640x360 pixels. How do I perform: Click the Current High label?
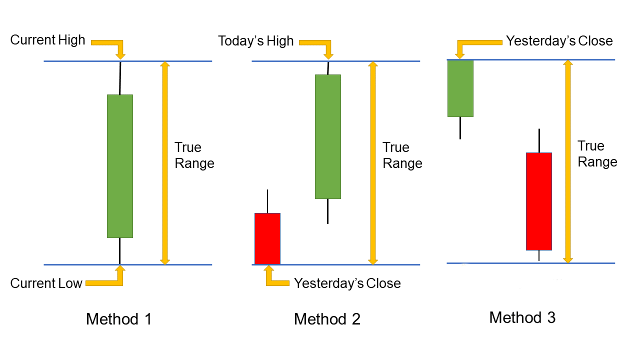pos(48,40)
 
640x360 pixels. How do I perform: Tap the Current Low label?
pos(46,283)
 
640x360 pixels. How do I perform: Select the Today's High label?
pos(255,41)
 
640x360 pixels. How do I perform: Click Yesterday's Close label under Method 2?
pos(347,283)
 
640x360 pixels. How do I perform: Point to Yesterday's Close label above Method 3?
pos(559,41)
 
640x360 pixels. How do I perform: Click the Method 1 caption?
pos(118,319)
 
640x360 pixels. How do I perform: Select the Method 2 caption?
pos(327,319)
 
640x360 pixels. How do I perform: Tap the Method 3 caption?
pos(522,317)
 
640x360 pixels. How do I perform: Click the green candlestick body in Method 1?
pos(120,166)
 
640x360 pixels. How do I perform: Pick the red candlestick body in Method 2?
pos(267,238)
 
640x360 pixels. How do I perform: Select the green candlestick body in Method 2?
pos(328,136)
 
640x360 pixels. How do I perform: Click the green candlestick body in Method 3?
pos(460,88)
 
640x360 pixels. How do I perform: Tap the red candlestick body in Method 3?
pos(539,201)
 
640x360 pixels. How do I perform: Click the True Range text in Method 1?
pos(194,155)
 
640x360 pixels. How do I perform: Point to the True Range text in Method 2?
pos(402,155)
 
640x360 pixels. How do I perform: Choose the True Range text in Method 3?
pos(597,154)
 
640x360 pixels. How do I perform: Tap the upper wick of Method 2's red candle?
pos(267,201)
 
